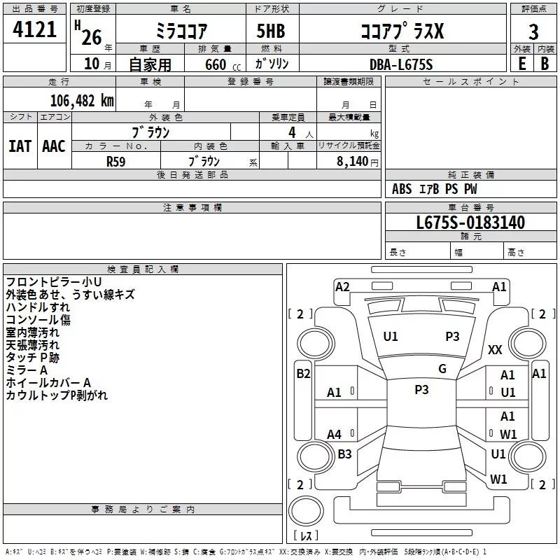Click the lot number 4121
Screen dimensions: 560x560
(x=34, y=29)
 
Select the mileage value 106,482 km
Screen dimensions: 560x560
(x=82, y=101)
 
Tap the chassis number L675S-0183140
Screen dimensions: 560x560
(x=470, y=223)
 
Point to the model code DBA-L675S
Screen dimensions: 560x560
(x=401, y=64)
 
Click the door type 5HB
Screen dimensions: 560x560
(x=271, y=31)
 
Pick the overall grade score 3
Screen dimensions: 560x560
(x=533, y=32)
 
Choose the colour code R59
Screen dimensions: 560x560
(x=116, y=162)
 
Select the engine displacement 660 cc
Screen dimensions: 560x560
(x=223, y=64)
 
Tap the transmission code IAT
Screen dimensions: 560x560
(x=20, y=146)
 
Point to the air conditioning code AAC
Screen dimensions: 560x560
(x=54, y=146)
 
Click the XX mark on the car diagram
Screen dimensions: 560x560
(x=495, y=349)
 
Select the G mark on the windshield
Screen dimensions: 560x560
(x=442, y=369)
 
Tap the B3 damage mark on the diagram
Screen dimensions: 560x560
(x=344, y=454)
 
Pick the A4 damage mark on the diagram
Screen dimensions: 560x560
(x=335, y=434)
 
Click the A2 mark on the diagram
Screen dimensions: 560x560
(x=342, y=287)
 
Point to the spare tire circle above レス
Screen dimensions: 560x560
(x=306, y=510)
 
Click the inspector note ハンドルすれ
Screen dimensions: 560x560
(x=38, y=307)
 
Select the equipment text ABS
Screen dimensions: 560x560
(x=402, y=189)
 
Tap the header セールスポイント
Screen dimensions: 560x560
(x=470, y=82)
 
